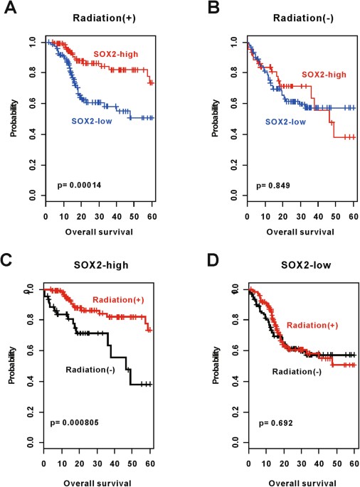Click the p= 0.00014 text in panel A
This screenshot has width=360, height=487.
(x=81, y=186)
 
